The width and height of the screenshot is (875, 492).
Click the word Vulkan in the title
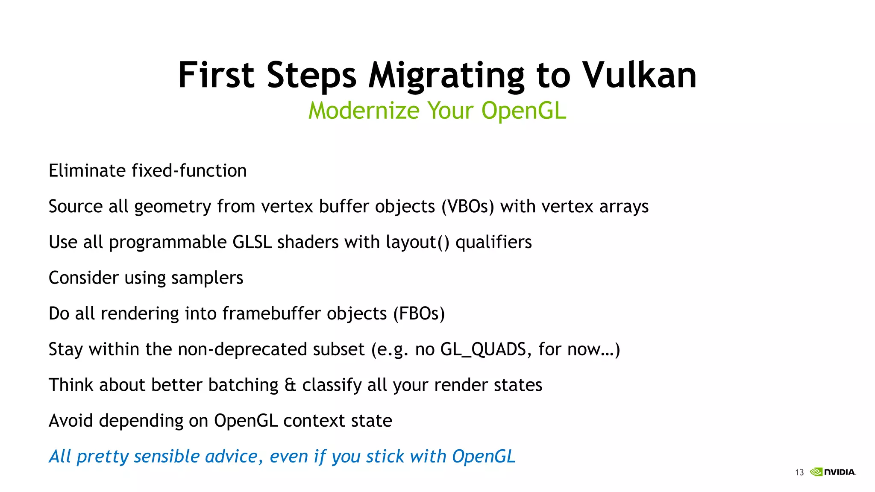pos(640,75)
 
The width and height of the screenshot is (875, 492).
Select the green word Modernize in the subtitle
pos(364,111)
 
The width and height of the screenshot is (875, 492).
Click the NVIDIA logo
pos(833,472)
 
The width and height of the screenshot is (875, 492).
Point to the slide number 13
pos(799,472)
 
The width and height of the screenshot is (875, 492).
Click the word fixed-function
pos(189,171)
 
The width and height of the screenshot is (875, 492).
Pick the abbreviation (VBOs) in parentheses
pos(467,207)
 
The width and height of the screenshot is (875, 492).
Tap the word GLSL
pos(252,242)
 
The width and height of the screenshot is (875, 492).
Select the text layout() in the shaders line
pos(417,242)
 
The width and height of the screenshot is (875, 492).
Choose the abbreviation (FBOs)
pos(419,313)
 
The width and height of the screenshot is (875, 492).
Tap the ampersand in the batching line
pos(290,385)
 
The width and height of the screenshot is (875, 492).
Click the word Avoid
pos(70,421)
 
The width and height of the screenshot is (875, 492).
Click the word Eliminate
pos(87,171)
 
